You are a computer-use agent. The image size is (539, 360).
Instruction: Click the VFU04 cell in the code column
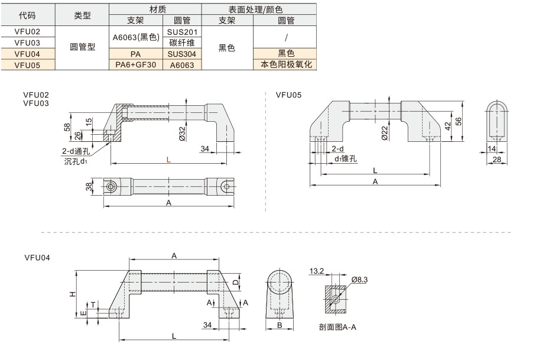tap(28, 54)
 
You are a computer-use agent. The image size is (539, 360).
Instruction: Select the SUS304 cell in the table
tap(182, 54)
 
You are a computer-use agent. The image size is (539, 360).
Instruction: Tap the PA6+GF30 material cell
tap(136, 64)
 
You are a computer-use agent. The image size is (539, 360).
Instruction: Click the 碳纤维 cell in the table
tap(182, 43)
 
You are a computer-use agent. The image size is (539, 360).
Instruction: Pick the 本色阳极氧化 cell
tap(286, 64)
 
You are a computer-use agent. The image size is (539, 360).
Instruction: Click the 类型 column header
tap(82, 15)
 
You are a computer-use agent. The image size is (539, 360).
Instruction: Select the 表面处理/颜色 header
tap(255, 9)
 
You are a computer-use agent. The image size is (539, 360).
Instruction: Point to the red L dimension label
tap(168, 160)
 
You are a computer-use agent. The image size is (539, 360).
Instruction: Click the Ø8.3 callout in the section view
tap(359, 280)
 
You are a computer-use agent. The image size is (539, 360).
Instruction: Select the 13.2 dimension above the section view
tap(317, 271)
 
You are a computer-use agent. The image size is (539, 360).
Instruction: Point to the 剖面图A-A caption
tap(337, 327)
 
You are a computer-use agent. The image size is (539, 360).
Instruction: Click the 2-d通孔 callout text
tap(76, 151)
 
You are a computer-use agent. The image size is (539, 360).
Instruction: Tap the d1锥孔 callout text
tap(346, 158)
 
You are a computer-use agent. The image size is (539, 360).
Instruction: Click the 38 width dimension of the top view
tap(89, 187)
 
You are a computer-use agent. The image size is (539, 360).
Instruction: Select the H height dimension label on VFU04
tap(72, 294)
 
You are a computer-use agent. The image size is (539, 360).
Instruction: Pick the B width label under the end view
tap(280, 325)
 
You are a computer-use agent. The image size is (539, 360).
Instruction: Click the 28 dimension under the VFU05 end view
tap(496, 160)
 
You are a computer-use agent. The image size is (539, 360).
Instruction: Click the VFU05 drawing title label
tap(288, 95)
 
